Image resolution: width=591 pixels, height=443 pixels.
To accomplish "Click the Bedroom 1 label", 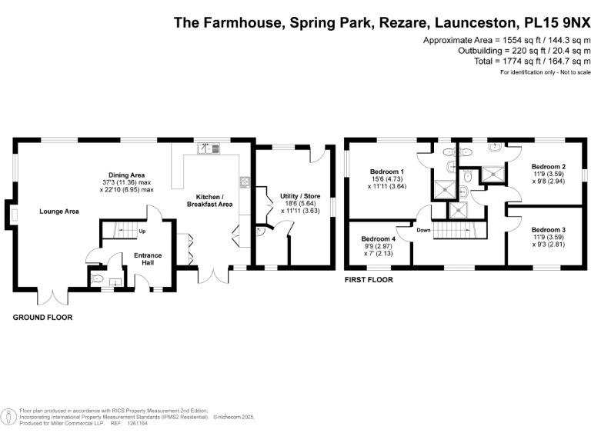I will click(387, 171).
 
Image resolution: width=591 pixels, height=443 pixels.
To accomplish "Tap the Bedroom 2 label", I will click(549, 167).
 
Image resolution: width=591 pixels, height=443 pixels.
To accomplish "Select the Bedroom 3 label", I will click(549, 229).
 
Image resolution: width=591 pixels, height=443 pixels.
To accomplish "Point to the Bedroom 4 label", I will click(378, 239).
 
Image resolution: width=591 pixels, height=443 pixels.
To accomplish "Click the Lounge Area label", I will click(59, 211).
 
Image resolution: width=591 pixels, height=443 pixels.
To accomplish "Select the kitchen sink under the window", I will click(209, 148).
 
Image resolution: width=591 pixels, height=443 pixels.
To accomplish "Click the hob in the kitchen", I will click(244, 182).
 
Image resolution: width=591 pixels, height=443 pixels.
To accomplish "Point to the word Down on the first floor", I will click(423, 230).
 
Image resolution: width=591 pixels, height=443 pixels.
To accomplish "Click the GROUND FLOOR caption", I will click(42, 318).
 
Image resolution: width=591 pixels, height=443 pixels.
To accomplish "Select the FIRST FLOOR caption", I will click(368, 280).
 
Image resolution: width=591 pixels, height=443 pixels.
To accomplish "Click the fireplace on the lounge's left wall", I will click(15, 210).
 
